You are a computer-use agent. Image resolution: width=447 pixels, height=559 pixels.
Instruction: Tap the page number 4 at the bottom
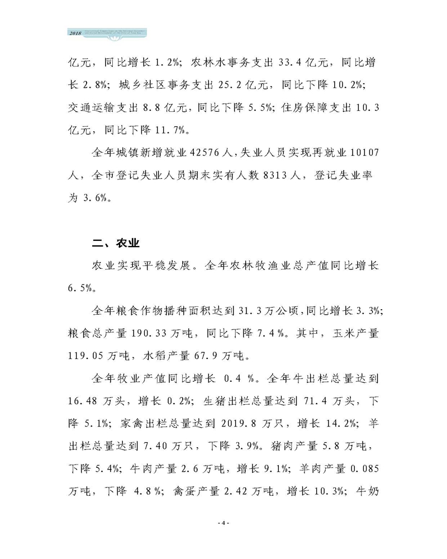tap(223, 523)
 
